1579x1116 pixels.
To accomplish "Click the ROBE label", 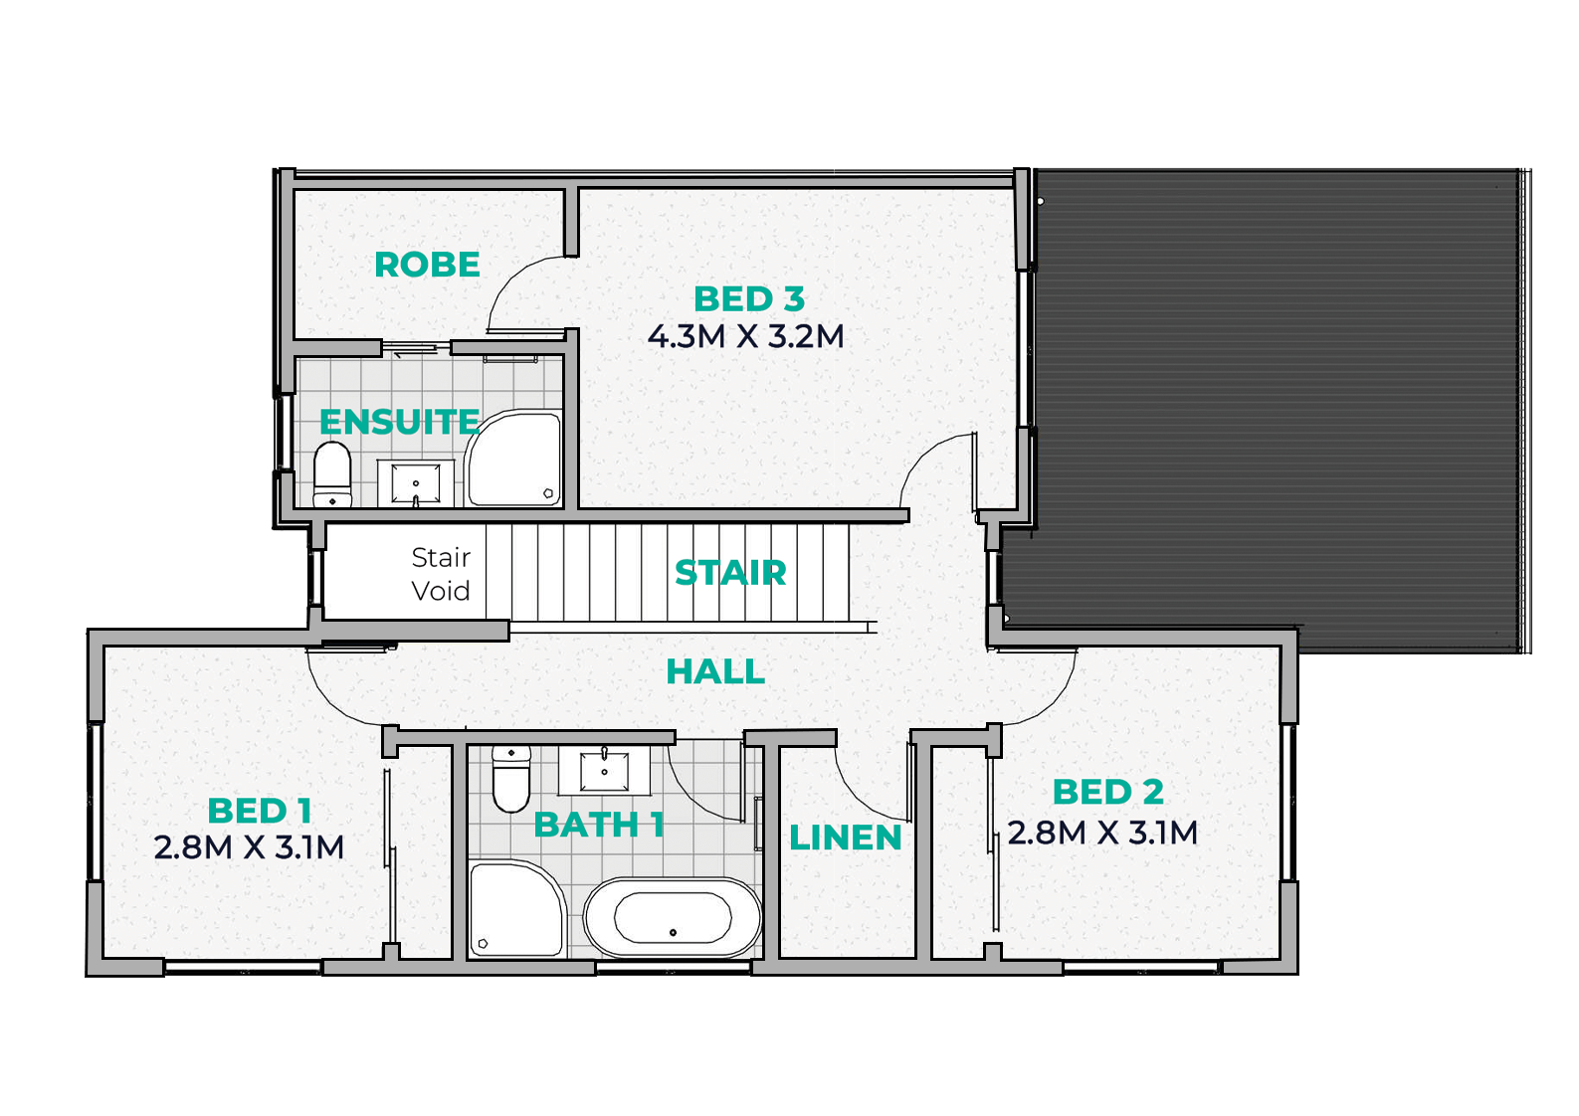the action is (x=427, y=265).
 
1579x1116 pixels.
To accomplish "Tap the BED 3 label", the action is (x=749, y=298).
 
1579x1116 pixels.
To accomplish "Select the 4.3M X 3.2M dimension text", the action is (x=746, y=337).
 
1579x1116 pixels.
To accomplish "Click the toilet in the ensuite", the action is (x=332, y=474).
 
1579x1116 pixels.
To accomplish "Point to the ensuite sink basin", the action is (x=416, y=483).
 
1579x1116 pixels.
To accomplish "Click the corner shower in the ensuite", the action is (x=514, y=459).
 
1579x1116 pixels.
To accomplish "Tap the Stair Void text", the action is (x=441, y=574).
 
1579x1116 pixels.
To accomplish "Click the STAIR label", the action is (x=730, y=573).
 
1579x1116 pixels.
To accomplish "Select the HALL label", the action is (x=715, y=671).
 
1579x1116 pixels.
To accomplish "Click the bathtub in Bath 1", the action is (x=673, y=918).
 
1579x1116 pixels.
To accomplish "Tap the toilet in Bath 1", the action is (x=511, y=779).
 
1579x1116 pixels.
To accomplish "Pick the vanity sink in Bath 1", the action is (x=604, y=770).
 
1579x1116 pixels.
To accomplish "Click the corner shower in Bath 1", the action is (x=518, y=909).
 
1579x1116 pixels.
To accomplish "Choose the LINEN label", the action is (x=845, y=837).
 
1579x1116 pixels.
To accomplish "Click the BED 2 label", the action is (x=1108, y=792).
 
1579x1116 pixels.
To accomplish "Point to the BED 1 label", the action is (x=260, y=811).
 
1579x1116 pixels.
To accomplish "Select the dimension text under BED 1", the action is (x=249, y=847).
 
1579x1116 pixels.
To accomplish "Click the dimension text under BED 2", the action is (x=1102, y=833).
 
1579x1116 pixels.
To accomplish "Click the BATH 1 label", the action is (x=599, y=825).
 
